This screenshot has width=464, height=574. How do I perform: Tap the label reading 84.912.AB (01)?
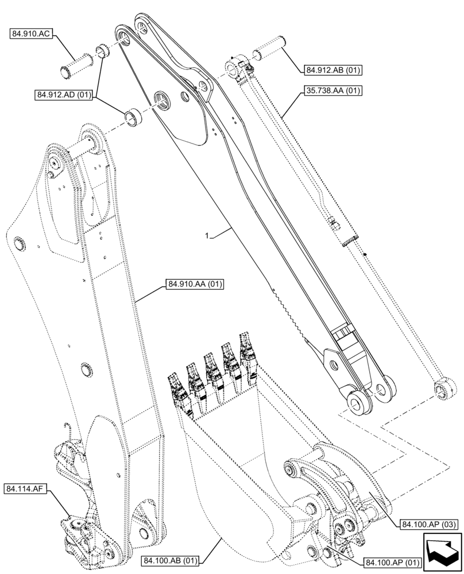332,70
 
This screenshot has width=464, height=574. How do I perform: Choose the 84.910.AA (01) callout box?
195,284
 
